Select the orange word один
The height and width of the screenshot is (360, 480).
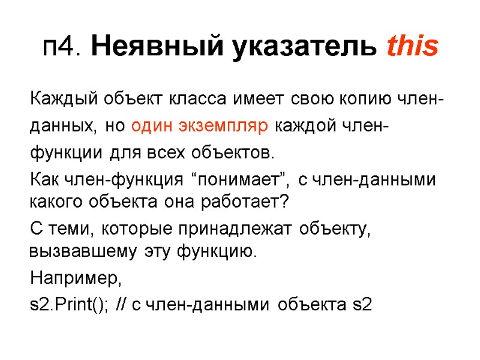coord(152,126)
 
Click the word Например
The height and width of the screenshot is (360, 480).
coord(76,278)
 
